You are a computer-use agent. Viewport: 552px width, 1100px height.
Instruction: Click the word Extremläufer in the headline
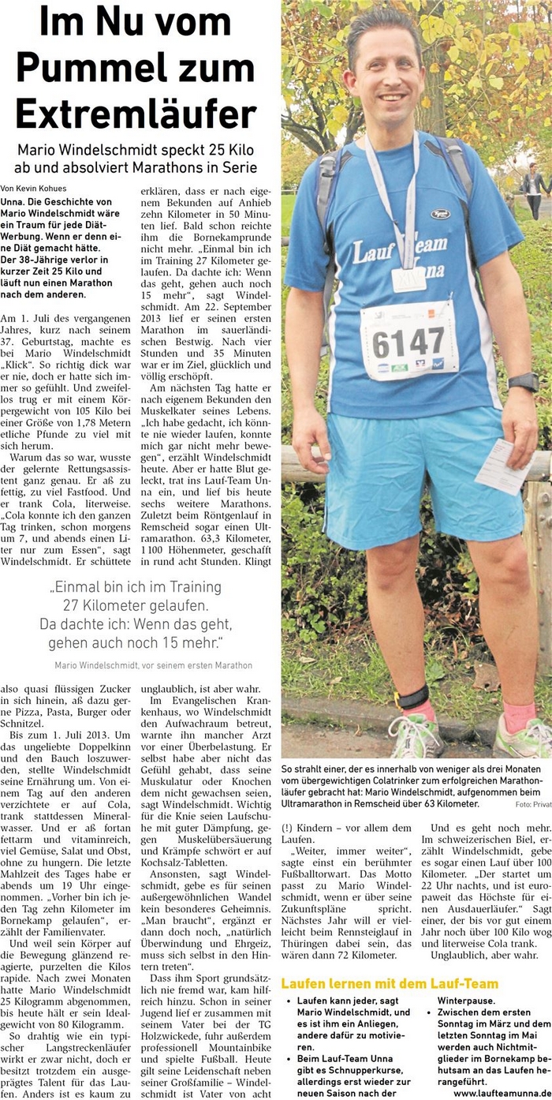[136, 113]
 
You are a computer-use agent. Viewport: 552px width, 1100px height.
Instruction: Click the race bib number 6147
[408, 342]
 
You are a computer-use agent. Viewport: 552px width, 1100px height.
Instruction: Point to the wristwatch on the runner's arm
[523, 382]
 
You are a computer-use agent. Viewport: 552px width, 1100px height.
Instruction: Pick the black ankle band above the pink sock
[413, 697]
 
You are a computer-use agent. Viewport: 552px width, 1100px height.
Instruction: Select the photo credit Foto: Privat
[532, 804]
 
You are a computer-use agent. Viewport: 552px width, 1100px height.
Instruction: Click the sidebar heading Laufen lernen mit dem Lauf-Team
[390, 983]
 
